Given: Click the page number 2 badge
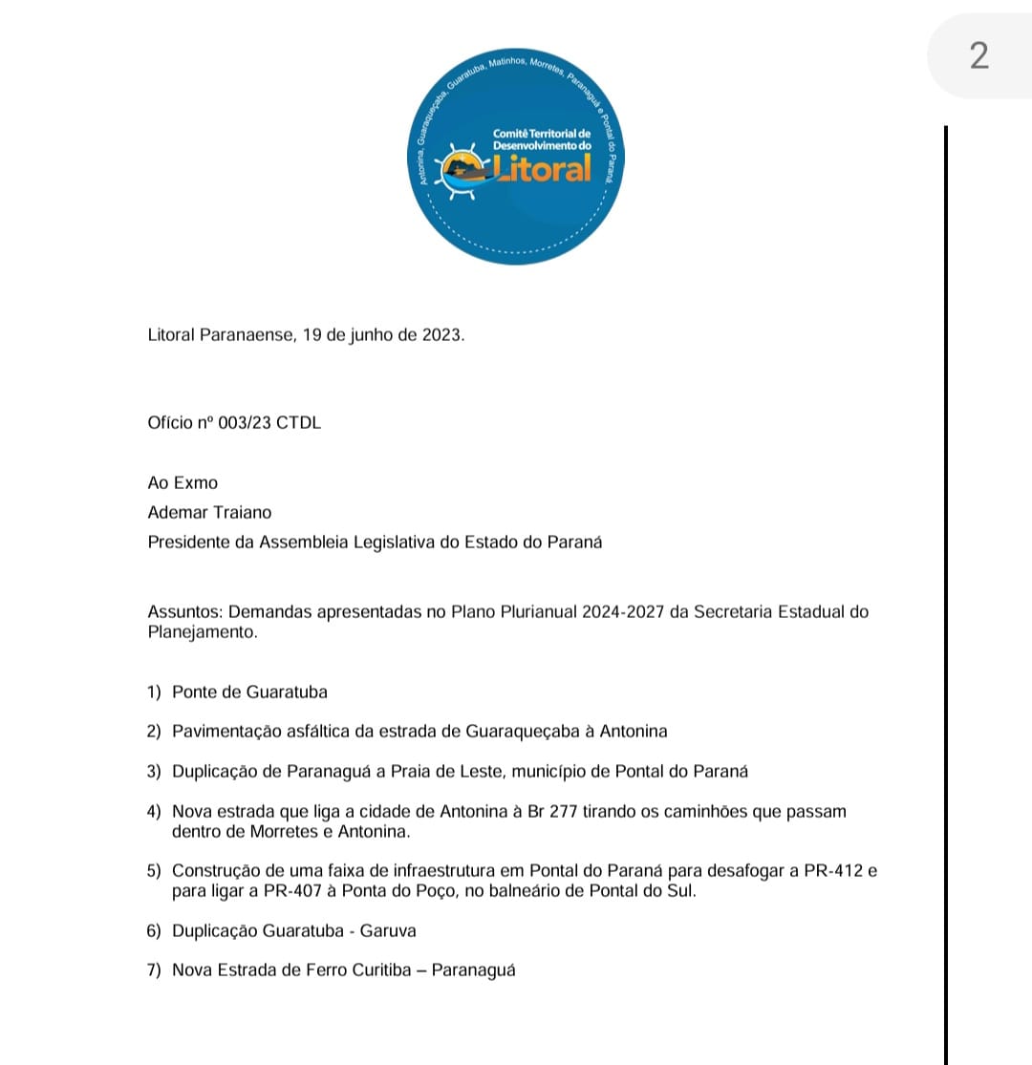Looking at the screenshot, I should [978, 56].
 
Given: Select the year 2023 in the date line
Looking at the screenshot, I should [441, 335].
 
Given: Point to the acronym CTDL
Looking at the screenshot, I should [298, 422].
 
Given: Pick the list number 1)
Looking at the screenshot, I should [155, 692].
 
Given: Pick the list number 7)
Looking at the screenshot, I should [155, 970].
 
